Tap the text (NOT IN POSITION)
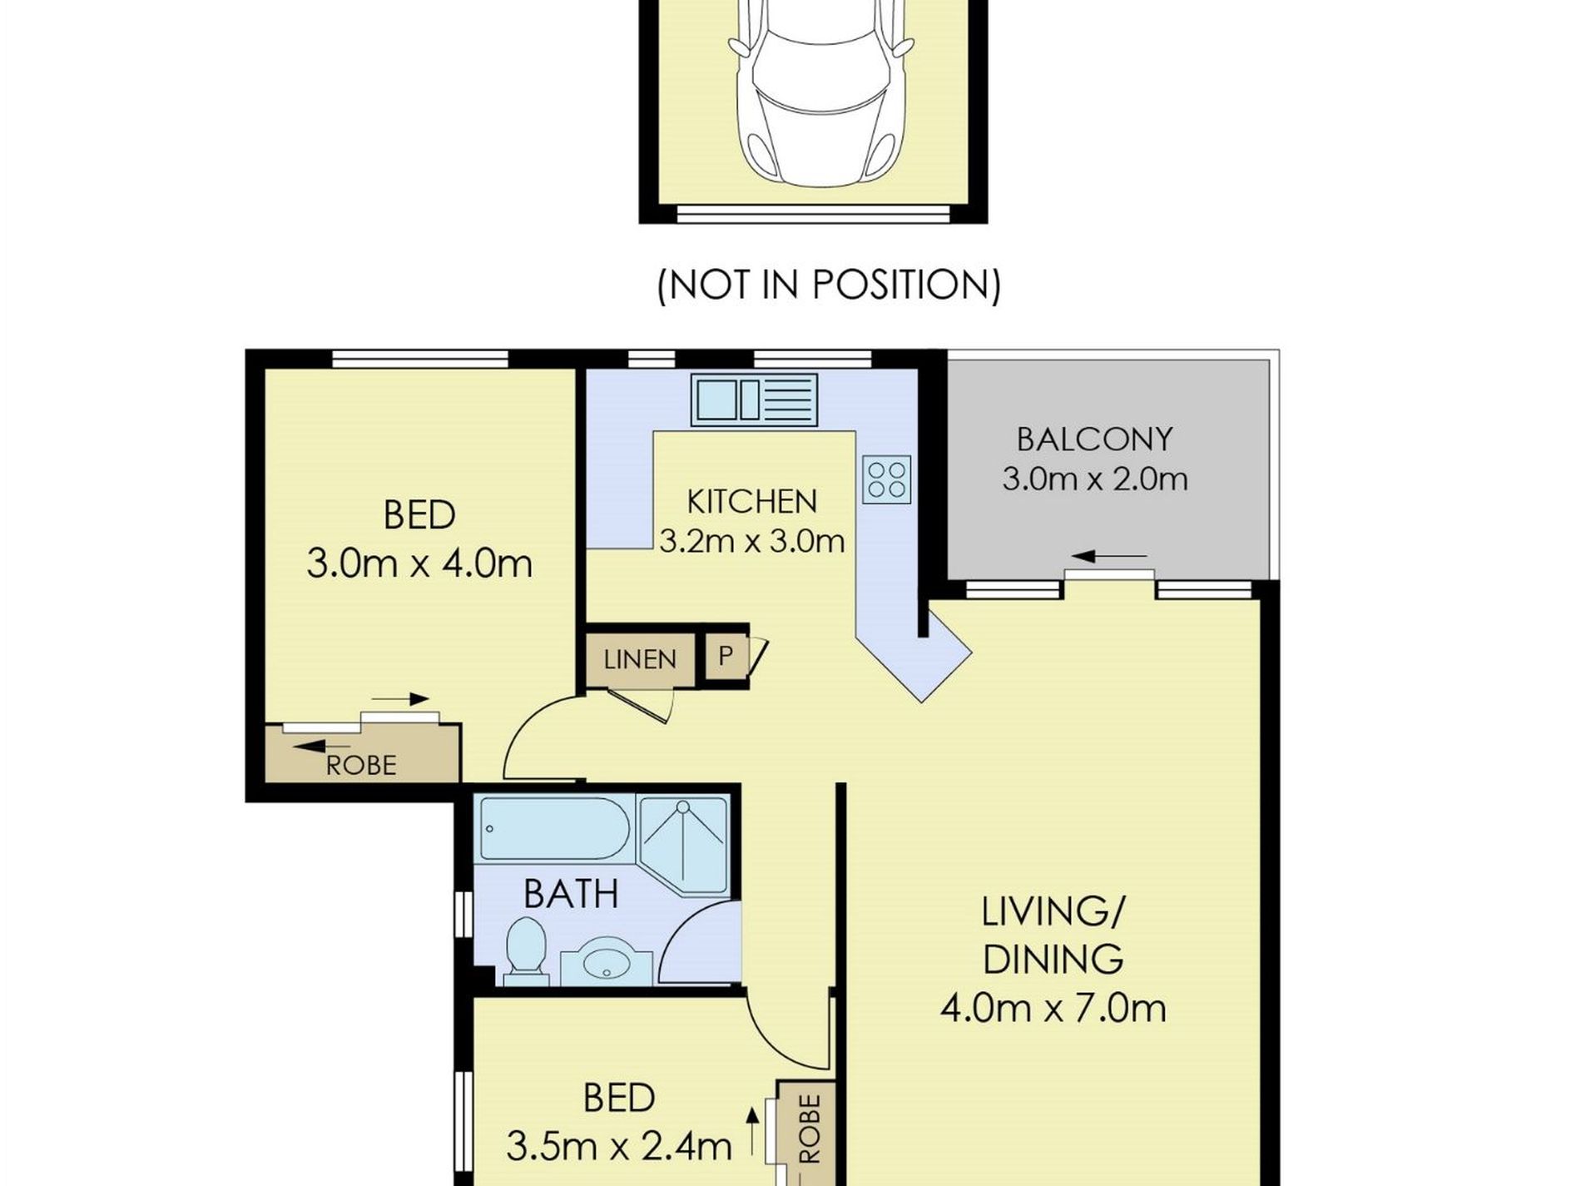tap(829, 285)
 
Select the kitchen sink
tap(754, 399)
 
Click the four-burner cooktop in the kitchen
tap(886, 479)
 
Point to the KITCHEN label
tap(752, 501)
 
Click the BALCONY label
tap(1095, 439)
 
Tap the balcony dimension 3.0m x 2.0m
tap(1095, 479)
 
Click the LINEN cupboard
tap(641, 659)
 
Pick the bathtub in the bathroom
tap(554, 829)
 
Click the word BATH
tap(571, 894)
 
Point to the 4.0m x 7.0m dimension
tap(1053, 1008)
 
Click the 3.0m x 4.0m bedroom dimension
tap(419, 563)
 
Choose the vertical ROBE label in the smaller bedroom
tap(809, 1128)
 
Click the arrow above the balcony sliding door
tap(1110, 557)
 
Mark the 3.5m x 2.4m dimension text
tap(619, 1147)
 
